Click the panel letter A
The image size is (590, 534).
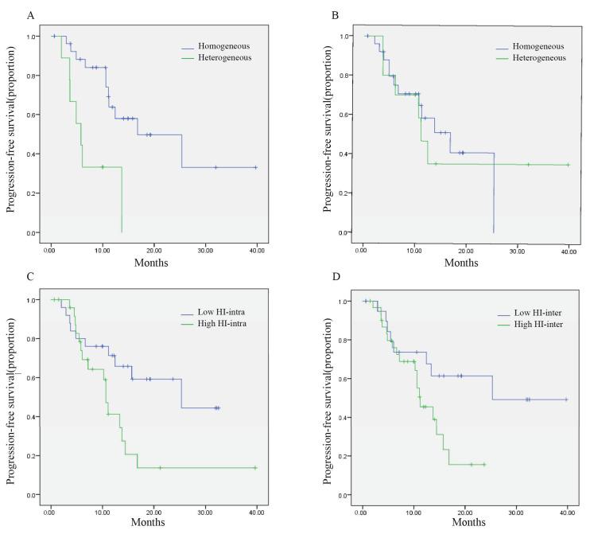[x=8, y=15]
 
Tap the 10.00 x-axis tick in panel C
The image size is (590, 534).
[x=103, y=509]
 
